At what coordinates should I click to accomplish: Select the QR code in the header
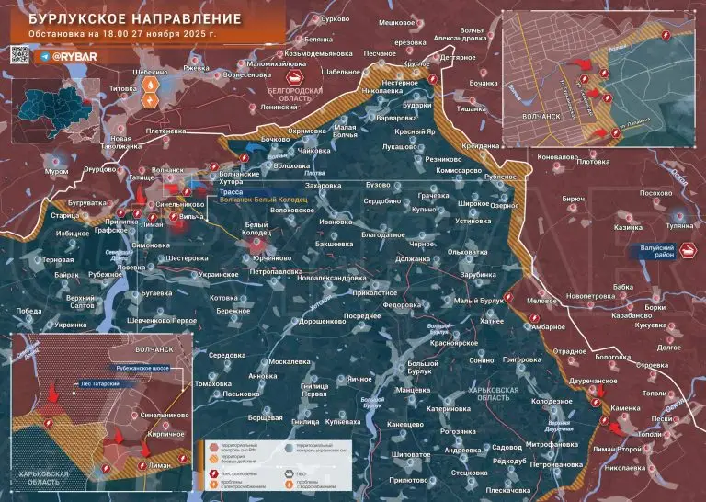(21, 56)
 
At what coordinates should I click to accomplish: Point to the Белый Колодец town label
(256, 229)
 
